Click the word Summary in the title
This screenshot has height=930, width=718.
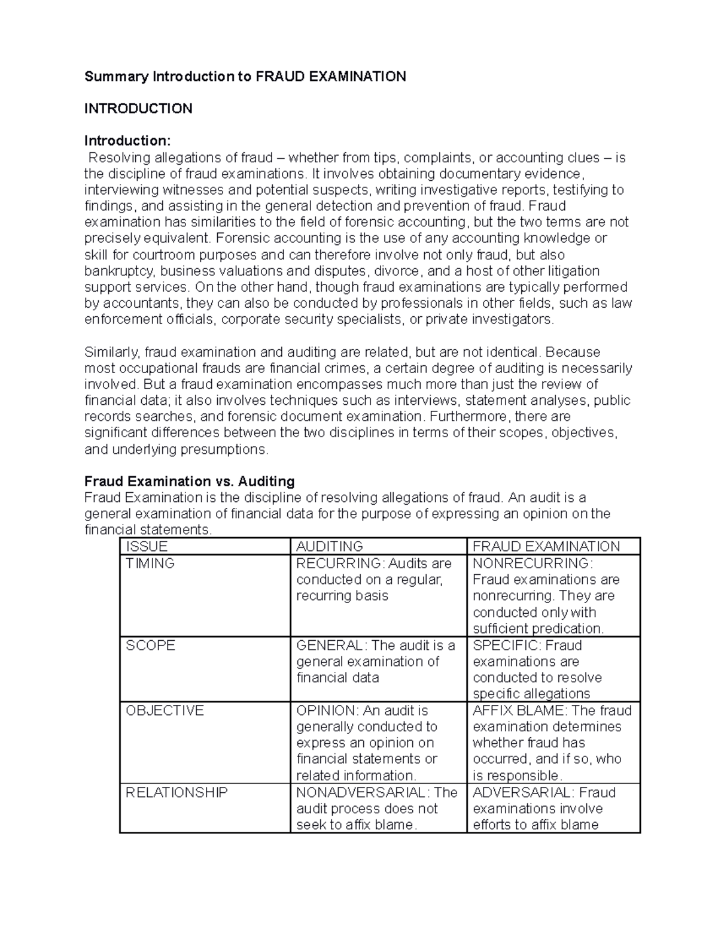click(117, 77)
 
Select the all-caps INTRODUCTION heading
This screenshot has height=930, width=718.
click(138, 109)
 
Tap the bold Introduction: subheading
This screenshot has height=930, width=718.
click(127, 141)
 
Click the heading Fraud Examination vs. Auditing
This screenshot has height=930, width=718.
click(189, 481)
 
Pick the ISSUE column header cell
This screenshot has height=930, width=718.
click(147, 547)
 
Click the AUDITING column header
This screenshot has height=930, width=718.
click(330, 547)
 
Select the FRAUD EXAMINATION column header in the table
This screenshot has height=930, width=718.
click(546, 547)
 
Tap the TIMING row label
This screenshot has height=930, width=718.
click(150, 564)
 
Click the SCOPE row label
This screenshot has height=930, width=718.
click(150, 646)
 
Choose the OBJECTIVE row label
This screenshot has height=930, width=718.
click(165, 711)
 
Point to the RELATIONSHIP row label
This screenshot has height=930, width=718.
click(177, 793)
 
